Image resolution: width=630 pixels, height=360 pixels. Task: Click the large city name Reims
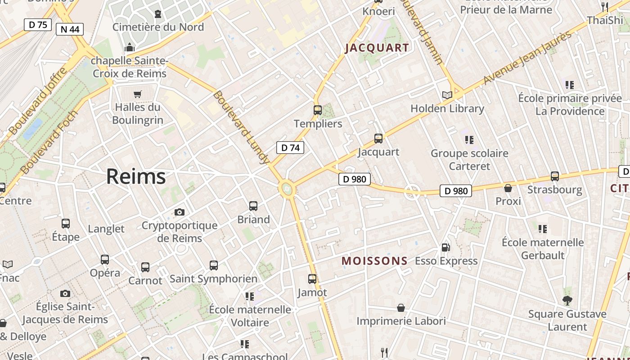pos(136,177)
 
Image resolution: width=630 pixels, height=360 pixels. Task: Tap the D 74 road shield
pos(290,148)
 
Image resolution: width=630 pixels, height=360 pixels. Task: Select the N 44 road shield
pos(70,30)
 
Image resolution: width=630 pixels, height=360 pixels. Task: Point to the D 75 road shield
pos(38,25)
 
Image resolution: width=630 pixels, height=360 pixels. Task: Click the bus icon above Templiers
pos(318,110)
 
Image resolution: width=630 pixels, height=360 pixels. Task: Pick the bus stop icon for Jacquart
pos(378,139)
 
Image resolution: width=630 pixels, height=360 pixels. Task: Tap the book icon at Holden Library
pos(447,95)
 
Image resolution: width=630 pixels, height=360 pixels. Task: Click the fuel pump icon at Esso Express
pos(445,247)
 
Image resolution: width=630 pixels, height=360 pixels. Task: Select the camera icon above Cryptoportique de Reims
pos(180,212)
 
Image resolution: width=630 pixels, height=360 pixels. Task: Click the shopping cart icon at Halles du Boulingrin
pos(137,94)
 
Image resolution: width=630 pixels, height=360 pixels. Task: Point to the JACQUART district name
pos(377,48)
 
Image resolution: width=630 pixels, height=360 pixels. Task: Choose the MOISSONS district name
pos(374,261)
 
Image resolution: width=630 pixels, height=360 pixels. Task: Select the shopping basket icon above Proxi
pos(508,188)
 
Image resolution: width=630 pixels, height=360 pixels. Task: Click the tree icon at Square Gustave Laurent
pos(567,300)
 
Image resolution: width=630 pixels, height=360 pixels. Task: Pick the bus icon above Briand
pos(253,206)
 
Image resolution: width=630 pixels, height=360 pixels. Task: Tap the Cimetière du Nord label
pos(158,27)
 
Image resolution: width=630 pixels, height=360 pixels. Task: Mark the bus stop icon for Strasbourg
pos(555,176)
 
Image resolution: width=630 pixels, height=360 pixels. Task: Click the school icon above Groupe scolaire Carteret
pos(469,140)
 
